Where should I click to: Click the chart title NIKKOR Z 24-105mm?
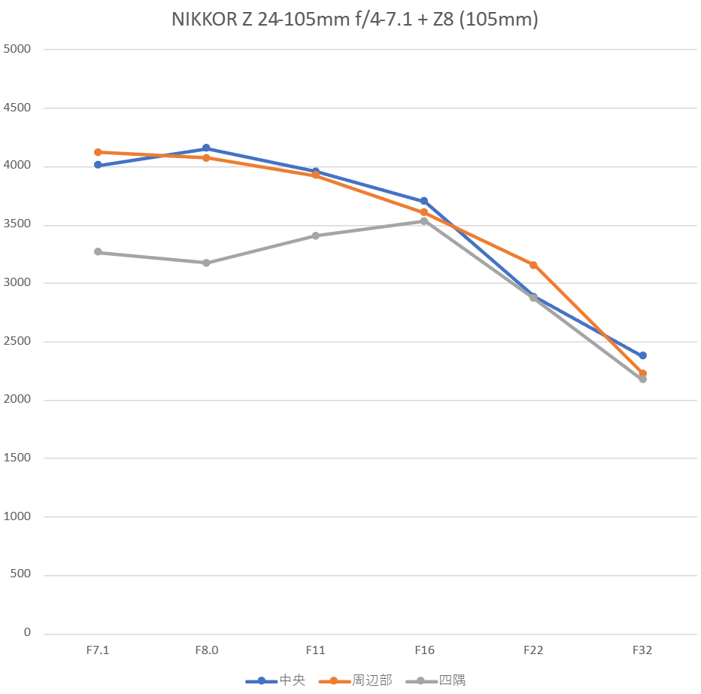tap(354, 20)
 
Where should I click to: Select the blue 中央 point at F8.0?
tap(206, 148)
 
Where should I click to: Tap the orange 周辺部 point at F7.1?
tap(98, 152)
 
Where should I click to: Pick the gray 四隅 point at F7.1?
tap(98, 252)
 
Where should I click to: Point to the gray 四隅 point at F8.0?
tap(206, 263)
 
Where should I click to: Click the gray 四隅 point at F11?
tap(316, 236)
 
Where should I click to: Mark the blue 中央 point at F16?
tap(424, 201)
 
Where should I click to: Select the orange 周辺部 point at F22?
tap(533, 265)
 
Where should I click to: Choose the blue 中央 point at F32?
tap(643, 355)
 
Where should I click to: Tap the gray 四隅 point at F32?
tap(643, 379)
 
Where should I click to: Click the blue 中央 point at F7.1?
tap(98, 165)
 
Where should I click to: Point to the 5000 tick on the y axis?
tap(19, 50)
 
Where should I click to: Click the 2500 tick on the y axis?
tap(19, 342)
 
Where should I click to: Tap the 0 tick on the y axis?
tap(27, 633)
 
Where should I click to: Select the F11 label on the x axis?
tap(315, 650)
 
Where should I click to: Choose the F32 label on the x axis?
tap(642, 650)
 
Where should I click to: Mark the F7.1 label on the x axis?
tap(97, 650)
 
